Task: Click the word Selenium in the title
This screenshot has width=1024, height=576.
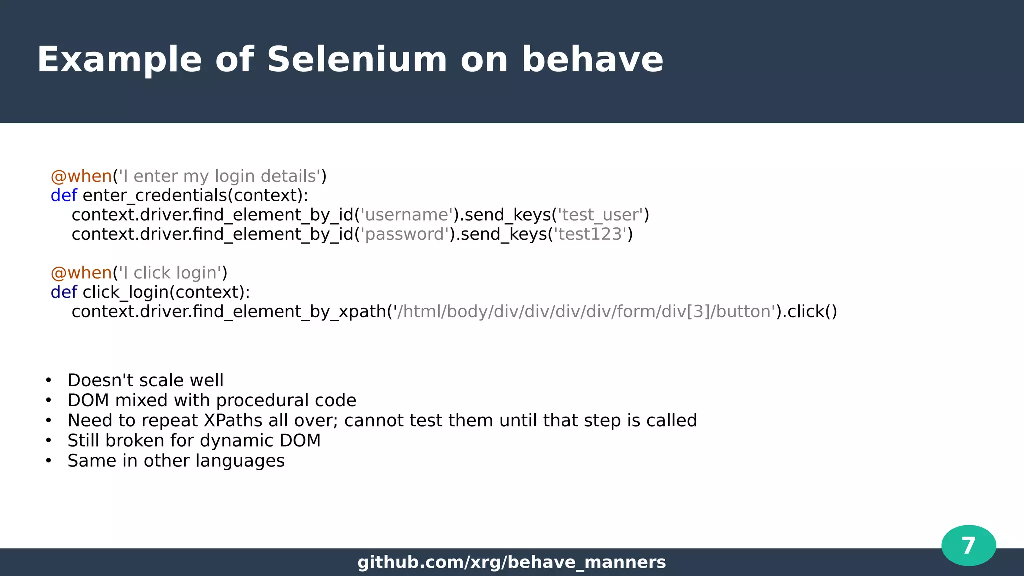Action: click(x=357, y=60)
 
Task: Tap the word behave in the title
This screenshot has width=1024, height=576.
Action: click(x=592, y=60)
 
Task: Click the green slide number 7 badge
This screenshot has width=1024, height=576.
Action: click(x=968, y=545)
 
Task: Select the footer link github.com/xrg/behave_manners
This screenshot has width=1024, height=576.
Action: click(x=512, y=562)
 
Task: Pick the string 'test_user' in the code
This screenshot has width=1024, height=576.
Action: click(x=600, y=215)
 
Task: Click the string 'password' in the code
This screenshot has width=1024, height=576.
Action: click(x=404, y=234)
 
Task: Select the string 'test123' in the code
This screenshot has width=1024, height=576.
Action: click(x=590, y=234)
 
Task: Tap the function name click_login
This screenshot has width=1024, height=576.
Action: click(x=125, y=292)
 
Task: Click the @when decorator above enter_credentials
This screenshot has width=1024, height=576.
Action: click(x=81, y=176)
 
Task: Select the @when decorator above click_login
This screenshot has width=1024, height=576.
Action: click(x=81, y=273)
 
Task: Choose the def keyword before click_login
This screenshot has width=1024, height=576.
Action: click(x=64, y=292)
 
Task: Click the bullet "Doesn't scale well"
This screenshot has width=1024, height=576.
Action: click(x=145, y=381)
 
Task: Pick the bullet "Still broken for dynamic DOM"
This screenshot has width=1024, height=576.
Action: click(x=194, y=441)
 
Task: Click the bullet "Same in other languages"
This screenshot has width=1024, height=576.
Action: click(x=176, y=461)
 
